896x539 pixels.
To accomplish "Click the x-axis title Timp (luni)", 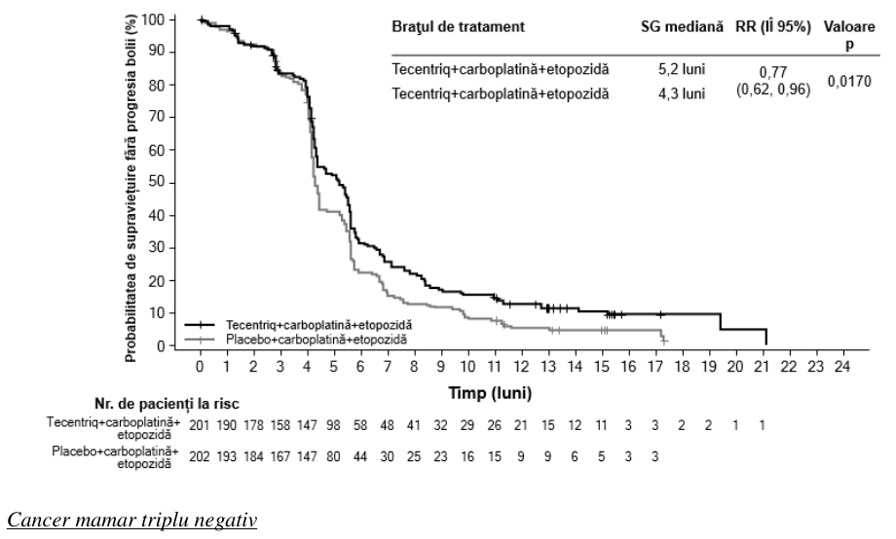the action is (490, 393).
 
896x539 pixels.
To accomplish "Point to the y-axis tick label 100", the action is (153, 20).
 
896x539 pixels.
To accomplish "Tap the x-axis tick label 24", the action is (842, 366).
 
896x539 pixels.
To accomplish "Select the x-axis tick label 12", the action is (521, 366).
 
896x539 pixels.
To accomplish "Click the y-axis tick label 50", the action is (157, 182).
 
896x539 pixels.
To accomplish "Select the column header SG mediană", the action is (682, 27).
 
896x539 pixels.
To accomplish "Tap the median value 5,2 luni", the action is (682, 69).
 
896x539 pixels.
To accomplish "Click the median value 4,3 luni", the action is (682, 93).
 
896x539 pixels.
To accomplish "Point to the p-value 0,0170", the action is (849, 82).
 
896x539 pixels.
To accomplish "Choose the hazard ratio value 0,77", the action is (772, 73).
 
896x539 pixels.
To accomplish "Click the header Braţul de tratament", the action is (458, 27).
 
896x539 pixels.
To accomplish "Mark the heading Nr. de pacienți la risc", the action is (167, 405).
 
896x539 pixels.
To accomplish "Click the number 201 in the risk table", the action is (200, 425).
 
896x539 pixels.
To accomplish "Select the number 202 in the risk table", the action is (200, 456).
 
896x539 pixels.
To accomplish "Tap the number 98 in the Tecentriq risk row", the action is (333, 425).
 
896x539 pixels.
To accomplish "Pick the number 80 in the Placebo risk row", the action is (333, 456).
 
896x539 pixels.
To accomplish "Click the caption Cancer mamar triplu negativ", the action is (132, 521).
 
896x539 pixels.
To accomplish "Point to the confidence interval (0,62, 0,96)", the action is (772, 90).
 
